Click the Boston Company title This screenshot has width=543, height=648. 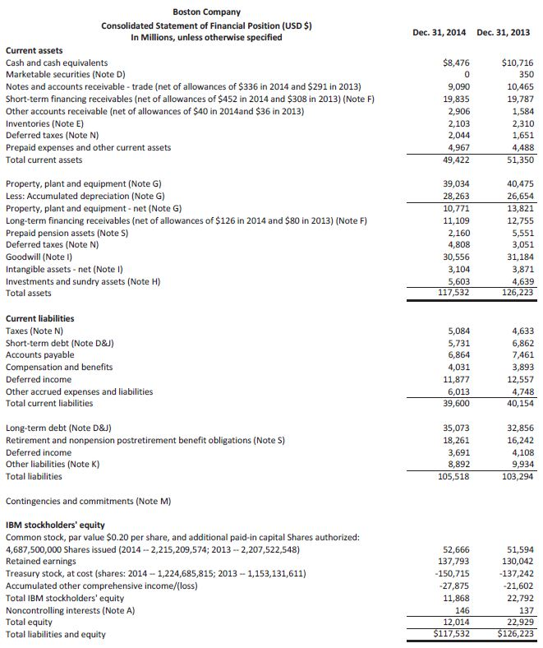point(206,12)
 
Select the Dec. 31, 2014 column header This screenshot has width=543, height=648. point(439,32)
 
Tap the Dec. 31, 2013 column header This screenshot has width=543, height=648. point(504,32)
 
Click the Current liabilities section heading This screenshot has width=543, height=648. point(39,318)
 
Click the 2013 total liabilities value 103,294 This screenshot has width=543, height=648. point(516,476)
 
